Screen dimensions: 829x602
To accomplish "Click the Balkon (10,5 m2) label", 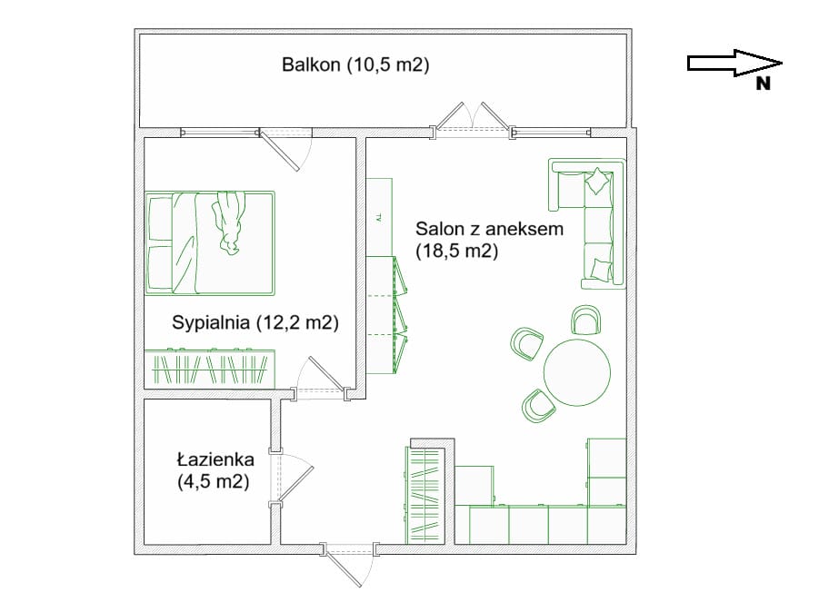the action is [355, 65].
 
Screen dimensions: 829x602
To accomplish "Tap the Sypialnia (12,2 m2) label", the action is [255, 322].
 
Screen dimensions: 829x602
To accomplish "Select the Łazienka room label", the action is [215, 459].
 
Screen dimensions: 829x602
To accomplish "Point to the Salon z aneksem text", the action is [489, 229].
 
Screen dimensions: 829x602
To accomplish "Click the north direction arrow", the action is [734, 64].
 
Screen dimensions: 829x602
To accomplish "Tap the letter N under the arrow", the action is [763, 84].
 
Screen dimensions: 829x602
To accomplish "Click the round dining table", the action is [577, 372].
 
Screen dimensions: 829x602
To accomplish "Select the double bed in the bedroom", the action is [210, 243].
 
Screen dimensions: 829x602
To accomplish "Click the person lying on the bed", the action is [228, 222].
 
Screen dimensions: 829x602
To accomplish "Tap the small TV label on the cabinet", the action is [378, 217].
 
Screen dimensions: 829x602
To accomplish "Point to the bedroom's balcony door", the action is [285, 148].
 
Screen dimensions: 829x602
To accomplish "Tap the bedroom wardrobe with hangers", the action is [210, 368].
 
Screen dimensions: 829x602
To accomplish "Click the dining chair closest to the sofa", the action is [585, 320].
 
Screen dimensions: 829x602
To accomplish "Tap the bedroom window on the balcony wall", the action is [220, 132].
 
